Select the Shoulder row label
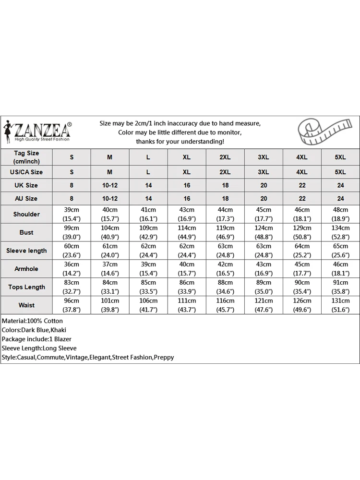(26, 214)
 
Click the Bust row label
(26, 232)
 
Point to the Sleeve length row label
(26, 251)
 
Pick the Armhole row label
(26, 269)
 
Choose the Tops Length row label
(26, 287)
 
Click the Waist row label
(26, 305)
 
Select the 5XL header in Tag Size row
(340, 157)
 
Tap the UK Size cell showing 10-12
(110, 185)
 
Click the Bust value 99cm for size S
(72, 228)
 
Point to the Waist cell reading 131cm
(340, 301)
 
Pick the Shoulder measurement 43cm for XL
(187, 210)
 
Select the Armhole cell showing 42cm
(225, 264)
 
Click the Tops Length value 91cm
(340, 283)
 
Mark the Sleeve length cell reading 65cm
(340, 246)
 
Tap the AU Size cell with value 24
(340, 198)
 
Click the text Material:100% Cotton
(32, 321)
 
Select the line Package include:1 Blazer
(36, 339)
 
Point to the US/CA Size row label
(26, 172)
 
